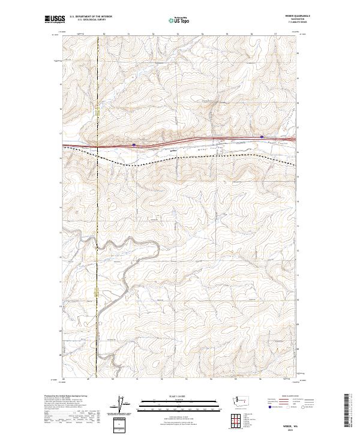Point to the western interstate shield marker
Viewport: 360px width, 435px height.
pyautogui.click(x=134, y=144)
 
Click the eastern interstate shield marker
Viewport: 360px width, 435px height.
pyautogui.click(x=262, y=136)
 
